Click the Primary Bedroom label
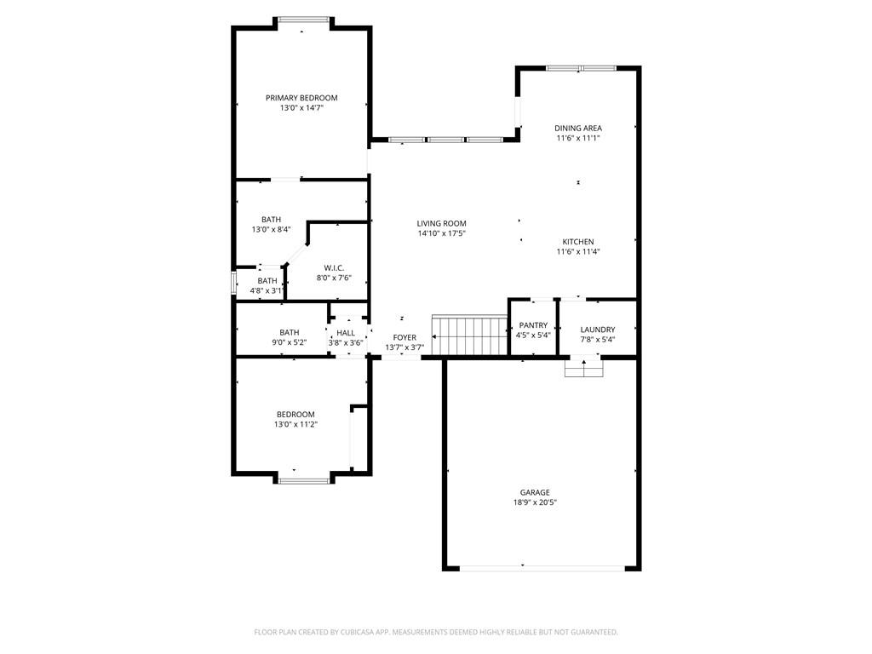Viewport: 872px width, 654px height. (x=301, y=98)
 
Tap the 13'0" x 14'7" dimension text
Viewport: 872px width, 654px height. (x=301, y=108)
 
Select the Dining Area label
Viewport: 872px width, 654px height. (x=578, y=128)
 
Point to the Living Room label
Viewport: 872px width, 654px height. (x=442, y=224)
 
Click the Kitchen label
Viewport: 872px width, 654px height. (x=578, y=242)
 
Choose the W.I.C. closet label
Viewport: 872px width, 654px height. (x=334, y=268)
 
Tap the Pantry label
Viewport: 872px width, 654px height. (x=533, y=325)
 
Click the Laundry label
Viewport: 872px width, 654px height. (x=598, y=330)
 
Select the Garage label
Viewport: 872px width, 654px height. (x=535, y=492)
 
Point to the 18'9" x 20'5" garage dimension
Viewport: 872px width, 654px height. (x=535, y=502)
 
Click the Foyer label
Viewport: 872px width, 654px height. (x=404, y=337)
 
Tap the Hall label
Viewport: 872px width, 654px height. (x=346, y=333)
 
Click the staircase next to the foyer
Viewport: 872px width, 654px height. (x=470, y=335)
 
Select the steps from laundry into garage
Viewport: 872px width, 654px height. (x=584, y=368)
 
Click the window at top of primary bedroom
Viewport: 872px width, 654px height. (x=303, y=20)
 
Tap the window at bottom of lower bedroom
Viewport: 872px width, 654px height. (x=304, y=481)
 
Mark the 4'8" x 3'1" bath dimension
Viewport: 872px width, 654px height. (x=267, y=290)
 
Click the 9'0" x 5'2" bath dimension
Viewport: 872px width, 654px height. (x=290, y=342)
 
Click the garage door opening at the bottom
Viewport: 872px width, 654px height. (x=542, y=568)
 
